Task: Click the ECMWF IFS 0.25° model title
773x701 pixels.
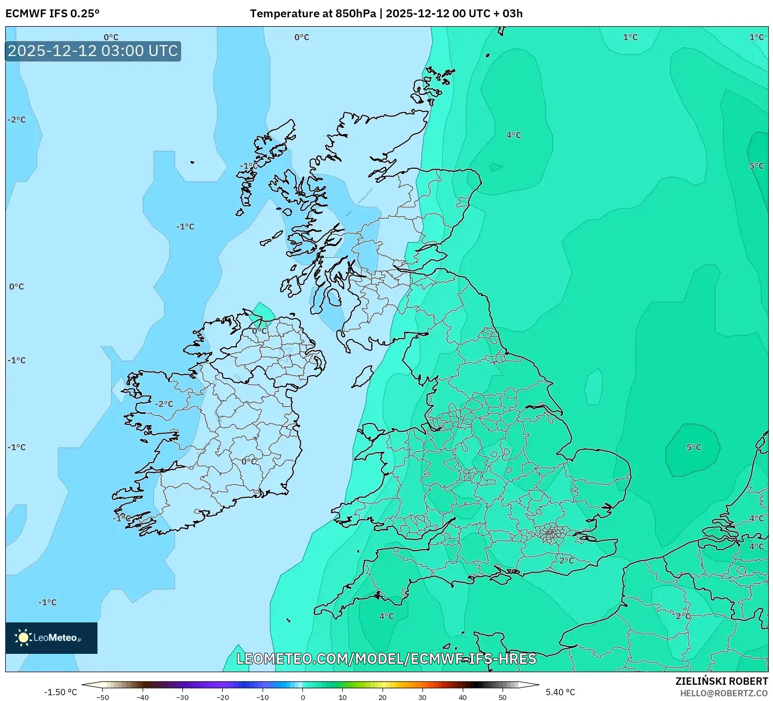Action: [52, 14]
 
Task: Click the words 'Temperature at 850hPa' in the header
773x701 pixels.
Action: [312, 14]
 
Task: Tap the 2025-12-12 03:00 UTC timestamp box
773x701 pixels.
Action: [93, 51]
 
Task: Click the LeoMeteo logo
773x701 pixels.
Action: [51, 638]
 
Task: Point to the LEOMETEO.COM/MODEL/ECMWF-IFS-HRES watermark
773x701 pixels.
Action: [386, 659]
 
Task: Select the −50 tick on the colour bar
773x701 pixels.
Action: [103, 697]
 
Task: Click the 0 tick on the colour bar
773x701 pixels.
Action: [302, 697]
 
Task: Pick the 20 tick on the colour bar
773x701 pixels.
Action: [382, 697]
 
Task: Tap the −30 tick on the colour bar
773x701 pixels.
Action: [182, 697]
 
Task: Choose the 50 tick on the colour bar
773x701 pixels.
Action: [502, 697]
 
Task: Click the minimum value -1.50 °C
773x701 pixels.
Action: [60, 692]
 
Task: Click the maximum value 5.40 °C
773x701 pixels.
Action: [560, 692]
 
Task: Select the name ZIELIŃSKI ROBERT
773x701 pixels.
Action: [721, 681]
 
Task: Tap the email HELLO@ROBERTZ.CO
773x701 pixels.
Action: [724, 693]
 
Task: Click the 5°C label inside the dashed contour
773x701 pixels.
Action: [693, 447]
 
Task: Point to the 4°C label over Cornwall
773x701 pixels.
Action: [387, 616]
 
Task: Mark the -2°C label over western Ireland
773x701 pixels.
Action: [164, 404]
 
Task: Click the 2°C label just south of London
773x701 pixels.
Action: [567, 560]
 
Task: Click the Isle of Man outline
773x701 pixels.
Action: [363, 377]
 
